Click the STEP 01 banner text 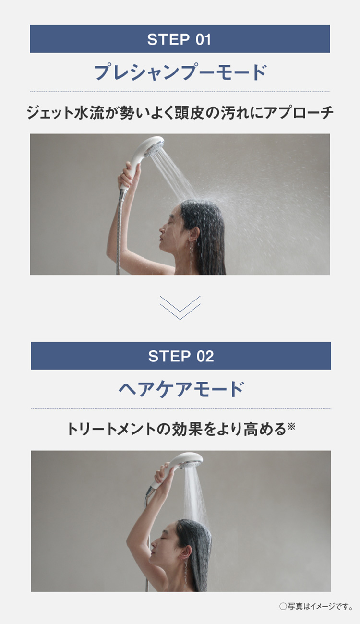[179, 39]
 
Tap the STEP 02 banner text [180, 356]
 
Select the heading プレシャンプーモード [180, 72]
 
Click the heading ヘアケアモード [181, 389]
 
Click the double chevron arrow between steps [180, 308]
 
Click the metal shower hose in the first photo [119, 230]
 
